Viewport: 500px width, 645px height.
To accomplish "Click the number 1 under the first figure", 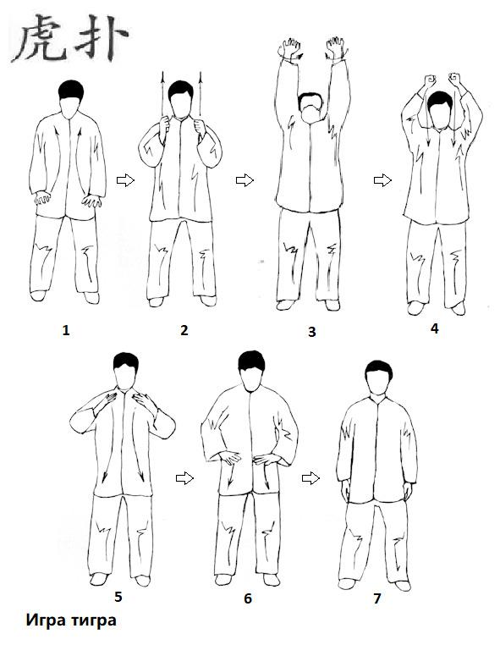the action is pyautogui.click(x=66, y=330).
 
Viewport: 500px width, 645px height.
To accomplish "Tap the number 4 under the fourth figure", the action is pyautogui.click(x=435, y=328).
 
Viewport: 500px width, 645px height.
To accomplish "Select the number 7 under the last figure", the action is pyautogui.click(x=377, y=598).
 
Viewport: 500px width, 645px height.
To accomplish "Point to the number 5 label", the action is pyautogui.click(x=118, y=597).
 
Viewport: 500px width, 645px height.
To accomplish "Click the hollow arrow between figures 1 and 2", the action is pyautogui.click(x=125, y=180).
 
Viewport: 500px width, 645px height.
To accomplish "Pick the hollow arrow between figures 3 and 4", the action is pyautogui.click(x=382, y=180).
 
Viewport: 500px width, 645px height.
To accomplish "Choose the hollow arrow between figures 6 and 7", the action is pyautogui.click(x=310, y=478).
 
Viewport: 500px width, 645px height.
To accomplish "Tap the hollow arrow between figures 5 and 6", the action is pyautogui.click(x=184, y=478).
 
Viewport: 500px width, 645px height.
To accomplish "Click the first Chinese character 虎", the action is pyautogui.click(x=40, y=38).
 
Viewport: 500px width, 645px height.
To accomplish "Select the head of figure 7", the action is pyautogui.click(x=378, y=378).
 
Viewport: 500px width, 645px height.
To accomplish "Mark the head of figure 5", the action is pyautogui.click(x=126, y=371).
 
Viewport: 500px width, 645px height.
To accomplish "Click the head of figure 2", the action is pyautogui.click(x=181, y=99).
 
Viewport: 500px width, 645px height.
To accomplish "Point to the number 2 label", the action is pyautogui.click(x=184, y=330).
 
